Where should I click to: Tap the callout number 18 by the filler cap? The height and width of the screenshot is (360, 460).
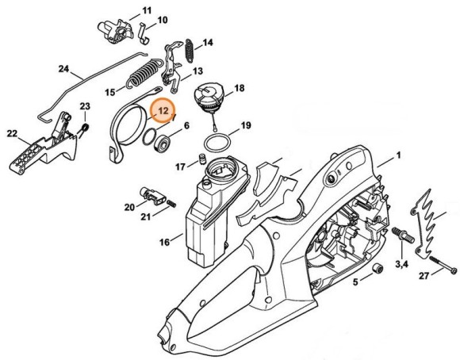pos(239,89)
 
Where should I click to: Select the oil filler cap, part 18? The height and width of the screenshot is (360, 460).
pos(209,101)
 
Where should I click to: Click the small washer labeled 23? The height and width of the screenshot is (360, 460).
pos(85,127)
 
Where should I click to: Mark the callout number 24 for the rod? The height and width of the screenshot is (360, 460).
pos(63,69)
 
